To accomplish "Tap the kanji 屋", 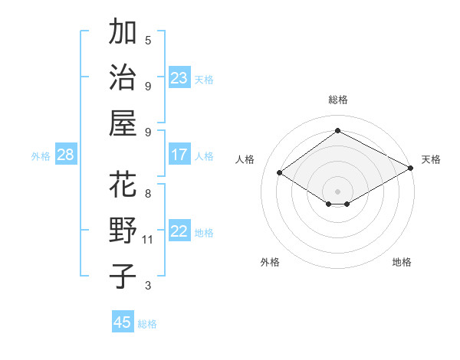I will point(123,123).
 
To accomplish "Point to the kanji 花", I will point(123,185).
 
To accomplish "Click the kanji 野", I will point(123,231).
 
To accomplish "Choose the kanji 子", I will point(123,276).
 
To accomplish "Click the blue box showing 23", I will point(179,77).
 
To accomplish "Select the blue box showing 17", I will point(179,155).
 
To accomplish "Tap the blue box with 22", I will point(179,231).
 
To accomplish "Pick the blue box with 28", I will point(65,155).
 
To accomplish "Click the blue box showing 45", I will point(123,322).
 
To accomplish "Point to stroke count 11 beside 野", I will point(149,240).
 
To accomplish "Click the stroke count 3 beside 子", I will point(148,286).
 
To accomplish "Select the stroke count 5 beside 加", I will point(148,40).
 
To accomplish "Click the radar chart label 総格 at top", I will point(337,100).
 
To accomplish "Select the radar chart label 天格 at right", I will point(431,159).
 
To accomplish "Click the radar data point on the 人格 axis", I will point(280,173).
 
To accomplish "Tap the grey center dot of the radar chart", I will point(337,190).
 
